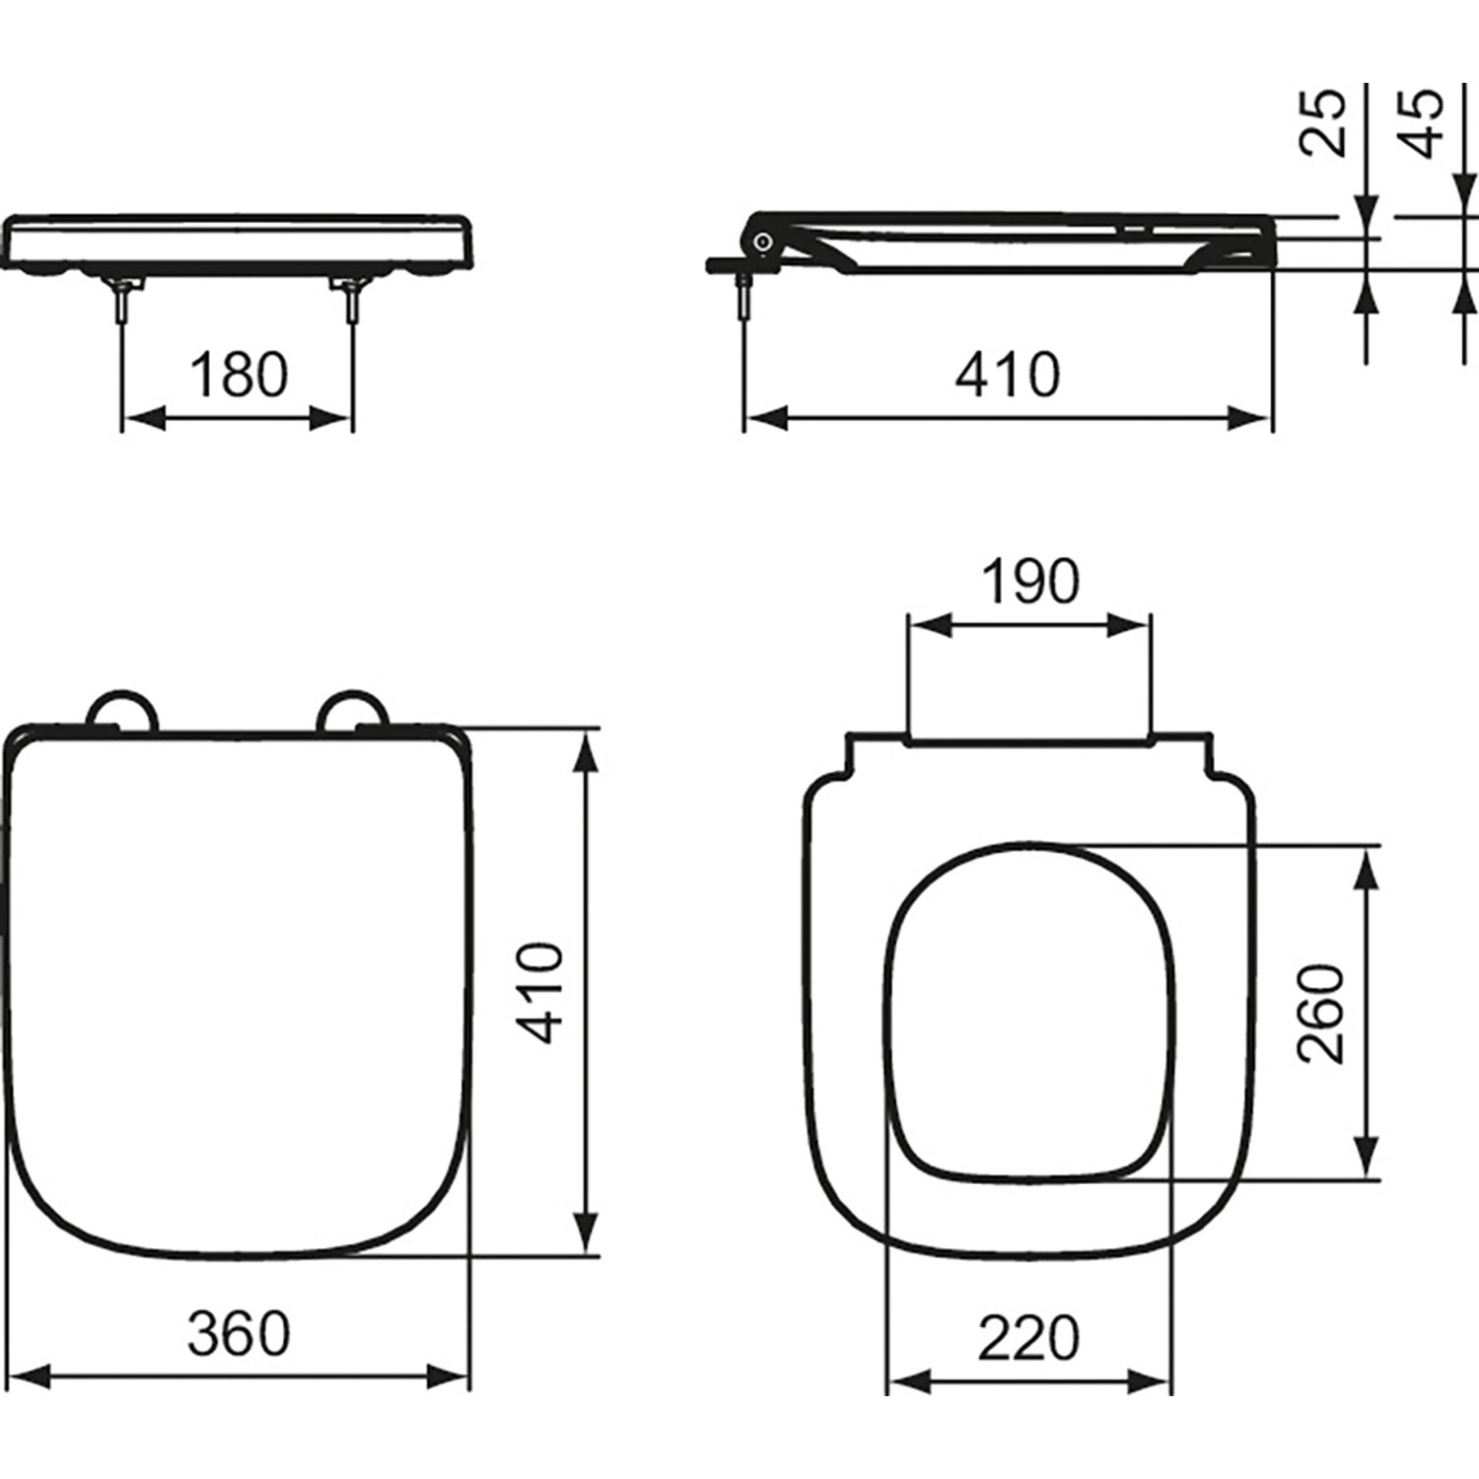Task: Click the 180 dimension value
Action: pyautogui.click(x=238, y=376)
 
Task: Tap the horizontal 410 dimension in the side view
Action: pyautogui.click(x=1007, y=376)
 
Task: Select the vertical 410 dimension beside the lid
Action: pyautogui.click(x=541, y=993)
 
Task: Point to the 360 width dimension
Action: pyautogui.click(x=239, y=1333)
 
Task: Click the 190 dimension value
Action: pyautogui.click(x=1029, y=582)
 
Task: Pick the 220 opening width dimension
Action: pyautogui.click(x=1028, y=1339)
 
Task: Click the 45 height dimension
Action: pyautogui.click(x=1421, y=123)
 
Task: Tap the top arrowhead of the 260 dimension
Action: pyautogui.click(x=1367, y=867)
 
